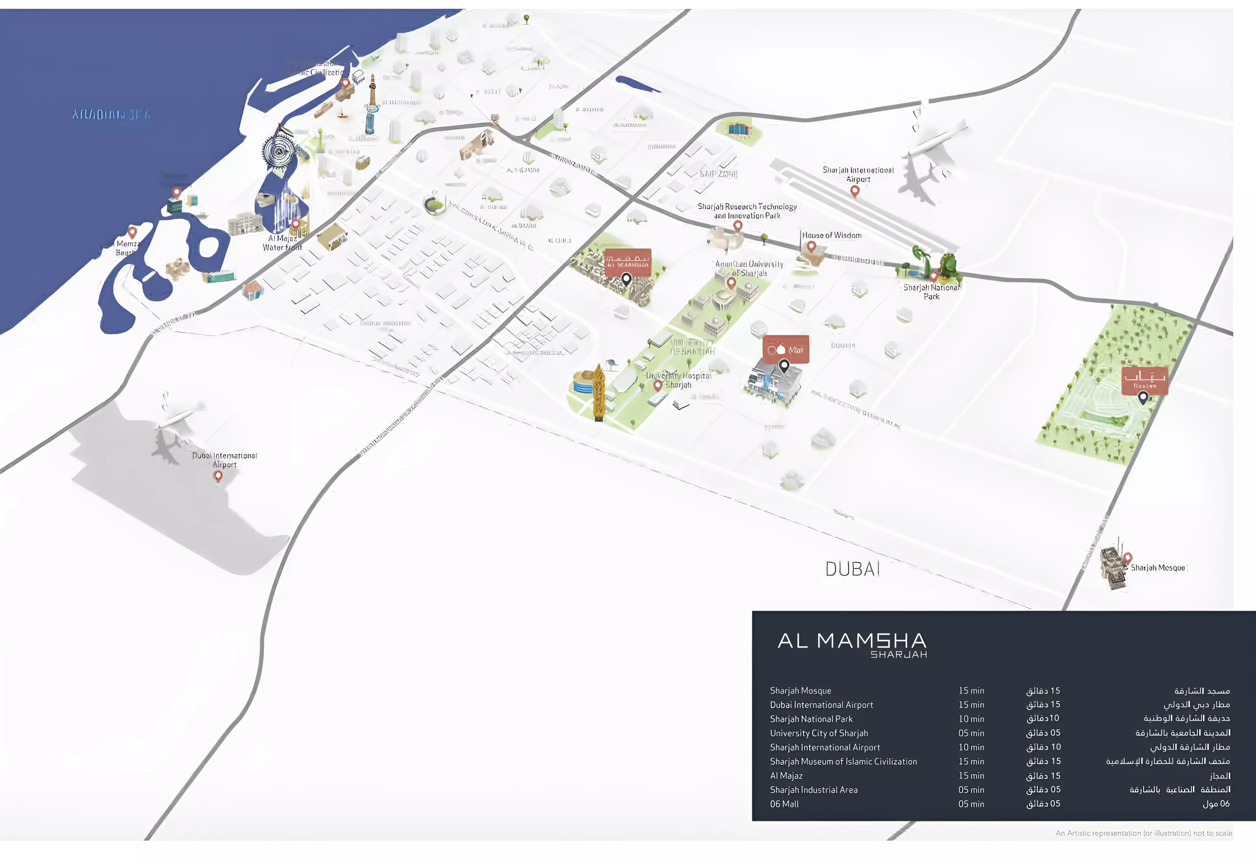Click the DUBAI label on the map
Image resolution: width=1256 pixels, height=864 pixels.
852,569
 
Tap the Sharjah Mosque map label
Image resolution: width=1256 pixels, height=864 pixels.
1157,568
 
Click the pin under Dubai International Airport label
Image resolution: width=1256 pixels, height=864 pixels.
218,476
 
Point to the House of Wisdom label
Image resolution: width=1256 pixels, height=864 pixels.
831,236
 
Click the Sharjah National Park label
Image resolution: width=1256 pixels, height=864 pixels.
931,292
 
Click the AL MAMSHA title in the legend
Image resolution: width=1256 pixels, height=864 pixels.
852,641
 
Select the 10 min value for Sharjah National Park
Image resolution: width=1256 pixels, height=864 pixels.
971,719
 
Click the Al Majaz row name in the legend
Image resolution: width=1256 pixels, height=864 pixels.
786,776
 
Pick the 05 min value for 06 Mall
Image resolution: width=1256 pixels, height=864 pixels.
971,804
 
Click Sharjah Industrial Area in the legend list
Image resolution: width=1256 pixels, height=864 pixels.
814,790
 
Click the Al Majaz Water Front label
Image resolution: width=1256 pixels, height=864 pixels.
282,243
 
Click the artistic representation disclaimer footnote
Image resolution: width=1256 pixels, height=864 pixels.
1143,833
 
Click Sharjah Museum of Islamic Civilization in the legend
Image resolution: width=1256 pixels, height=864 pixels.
843,762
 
